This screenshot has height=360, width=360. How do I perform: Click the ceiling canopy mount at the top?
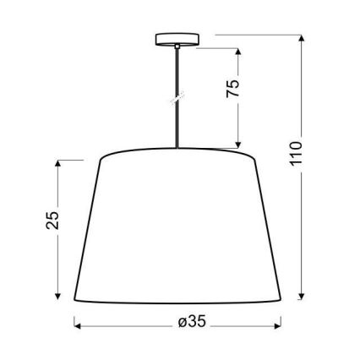point(177,39)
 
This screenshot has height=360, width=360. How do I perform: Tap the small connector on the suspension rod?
point(177,99)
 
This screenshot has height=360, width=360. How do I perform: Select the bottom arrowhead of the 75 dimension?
point(240,145)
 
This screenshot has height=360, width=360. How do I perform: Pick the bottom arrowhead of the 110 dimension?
point(302,297)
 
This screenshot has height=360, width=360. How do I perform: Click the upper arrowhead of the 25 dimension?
point(58,163)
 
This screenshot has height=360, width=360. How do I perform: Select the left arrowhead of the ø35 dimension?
point(78,323)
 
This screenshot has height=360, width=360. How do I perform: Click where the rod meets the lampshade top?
point(177,150)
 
